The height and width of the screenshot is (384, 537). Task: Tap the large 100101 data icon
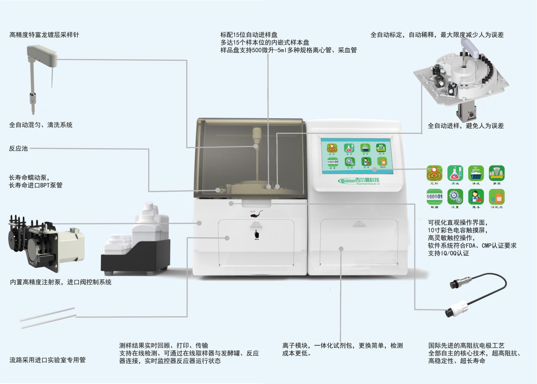434,197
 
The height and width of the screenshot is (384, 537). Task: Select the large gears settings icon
455,197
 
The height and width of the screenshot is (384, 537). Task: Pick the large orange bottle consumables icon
497,197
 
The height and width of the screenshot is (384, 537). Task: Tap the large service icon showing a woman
476,197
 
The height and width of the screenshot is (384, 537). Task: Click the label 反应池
18,149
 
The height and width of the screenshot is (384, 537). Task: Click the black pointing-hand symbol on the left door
257,234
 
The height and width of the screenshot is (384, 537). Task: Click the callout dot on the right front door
341,249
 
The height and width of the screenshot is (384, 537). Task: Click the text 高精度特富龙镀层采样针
44,35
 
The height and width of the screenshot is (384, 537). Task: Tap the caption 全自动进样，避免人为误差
466,126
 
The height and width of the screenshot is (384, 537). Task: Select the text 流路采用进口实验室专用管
47,360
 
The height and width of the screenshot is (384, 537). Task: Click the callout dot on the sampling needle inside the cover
256,146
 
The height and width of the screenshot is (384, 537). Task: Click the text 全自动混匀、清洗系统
41,125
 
